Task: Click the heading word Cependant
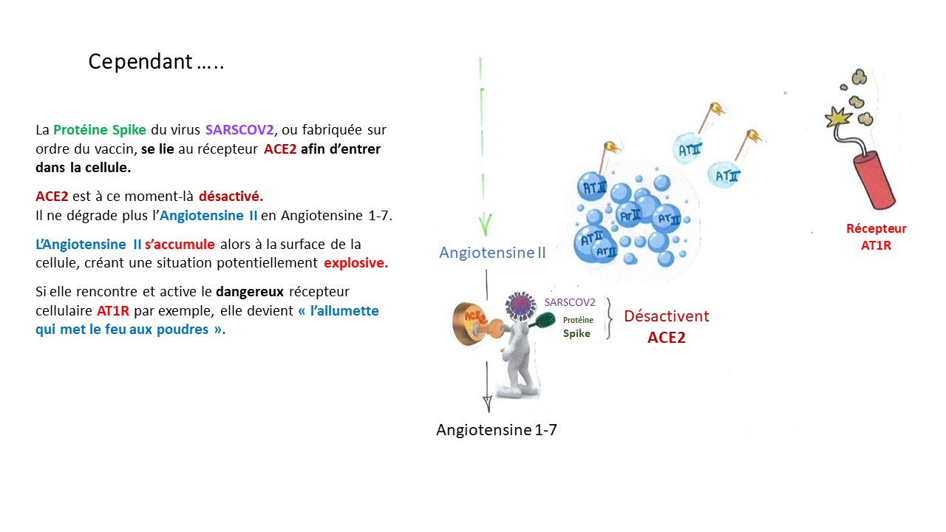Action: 140,62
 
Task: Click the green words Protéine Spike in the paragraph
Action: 100,130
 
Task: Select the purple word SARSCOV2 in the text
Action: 239,130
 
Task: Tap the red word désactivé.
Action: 231,197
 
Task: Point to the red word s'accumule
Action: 180,245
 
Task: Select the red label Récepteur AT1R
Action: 876,236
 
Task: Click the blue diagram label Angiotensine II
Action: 492,253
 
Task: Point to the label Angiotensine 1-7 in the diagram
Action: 496,430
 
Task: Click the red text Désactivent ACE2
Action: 666,326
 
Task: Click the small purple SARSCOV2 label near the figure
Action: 570,302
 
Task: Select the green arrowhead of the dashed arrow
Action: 486,222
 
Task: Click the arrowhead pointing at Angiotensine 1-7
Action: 487,404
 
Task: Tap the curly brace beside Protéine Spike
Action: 610,317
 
